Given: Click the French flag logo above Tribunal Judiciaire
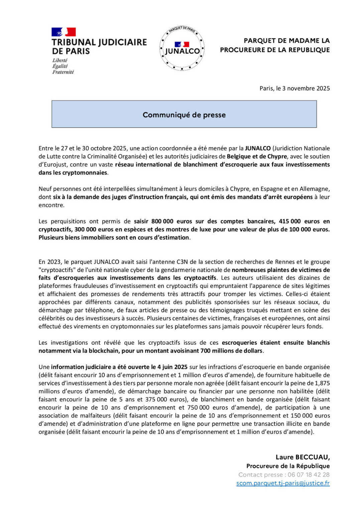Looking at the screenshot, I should [64, 32].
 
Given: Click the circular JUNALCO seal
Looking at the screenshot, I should [182, 48].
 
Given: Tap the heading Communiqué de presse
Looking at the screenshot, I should [184, 115].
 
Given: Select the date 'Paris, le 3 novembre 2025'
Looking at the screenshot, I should [294, 89].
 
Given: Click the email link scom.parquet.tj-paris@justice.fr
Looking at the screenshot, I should [283, 483].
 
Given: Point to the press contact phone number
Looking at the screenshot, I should [309, 475].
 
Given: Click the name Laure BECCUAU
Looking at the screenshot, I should [303, 457].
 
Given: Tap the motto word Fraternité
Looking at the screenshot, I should [63, 72].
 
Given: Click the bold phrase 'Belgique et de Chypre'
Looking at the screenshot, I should [257, 156].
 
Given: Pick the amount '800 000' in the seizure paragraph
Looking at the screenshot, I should [162, 221].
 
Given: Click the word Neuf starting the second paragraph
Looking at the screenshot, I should [45, 189].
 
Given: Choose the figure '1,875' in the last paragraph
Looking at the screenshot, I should [322, 383].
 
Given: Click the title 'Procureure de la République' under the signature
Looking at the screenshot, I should [288, 466].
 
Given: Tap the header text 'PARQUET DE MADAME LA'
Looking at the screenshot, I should [286, 41].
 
